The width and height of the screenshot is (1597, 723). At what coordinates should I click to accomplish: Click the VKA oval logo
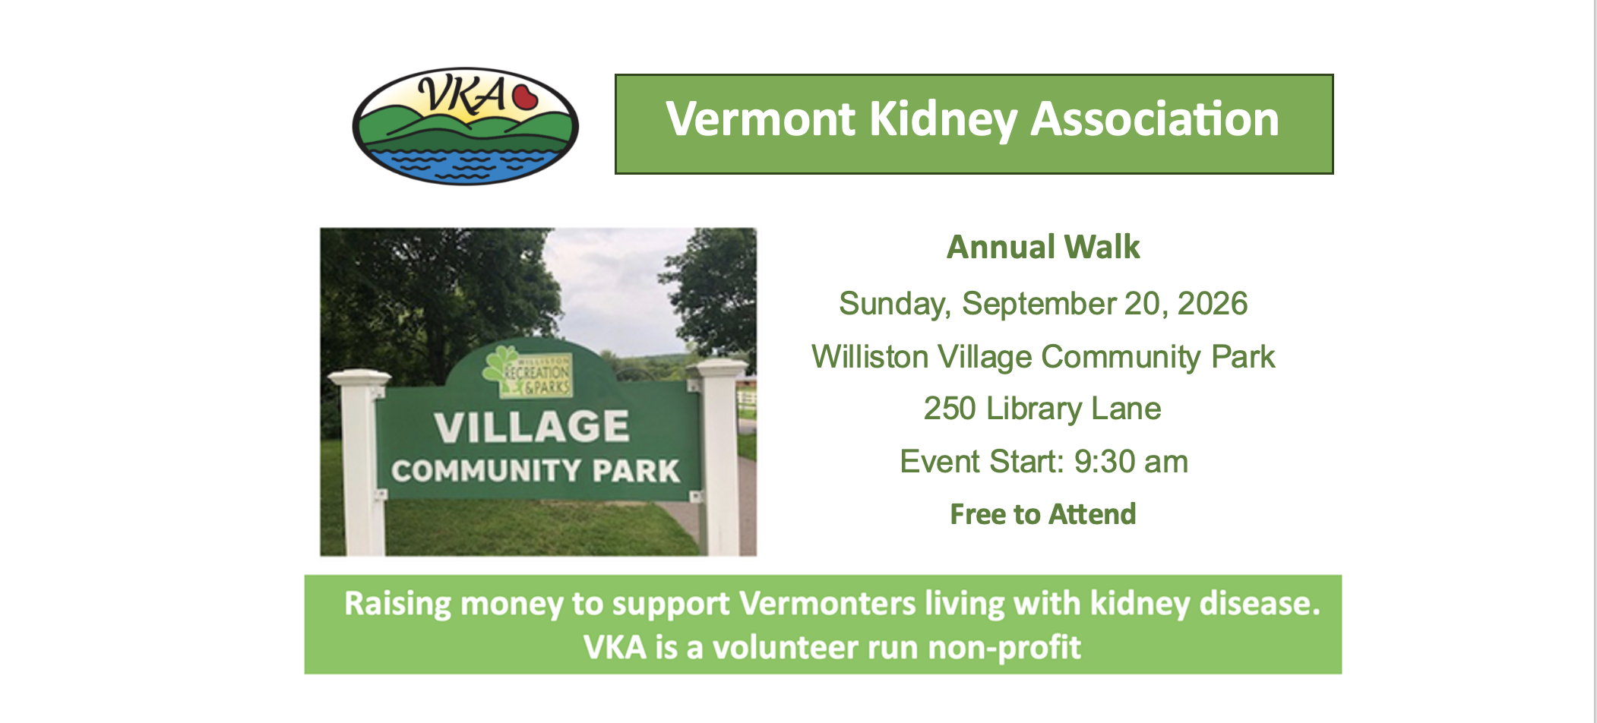coord(465,126)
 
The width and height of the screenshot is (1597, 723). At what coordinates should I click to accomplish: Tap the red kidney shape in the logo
coord(524,97)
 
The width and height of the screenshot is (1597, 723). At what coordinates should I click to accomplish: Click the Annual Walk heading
coord(1042,248)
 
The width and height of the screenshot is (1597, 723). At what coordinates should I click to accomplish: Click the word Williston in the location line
coord(869,357)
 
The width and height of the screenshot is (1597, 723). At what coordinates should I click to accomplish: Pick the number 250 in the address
coord(950,409)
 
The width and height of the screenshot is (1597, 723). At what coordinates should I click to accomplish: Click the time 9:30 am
coord(1131,462)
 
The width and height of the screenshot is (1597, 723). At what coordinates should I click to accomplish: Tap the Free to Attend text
coord(1042,514)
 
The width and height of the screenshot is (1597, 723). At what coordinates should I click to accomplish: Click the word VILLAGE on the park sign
coord(532,428)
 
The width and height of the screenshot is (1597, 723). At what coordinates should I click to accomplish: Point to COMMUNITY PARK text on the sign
coord(535,471)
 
